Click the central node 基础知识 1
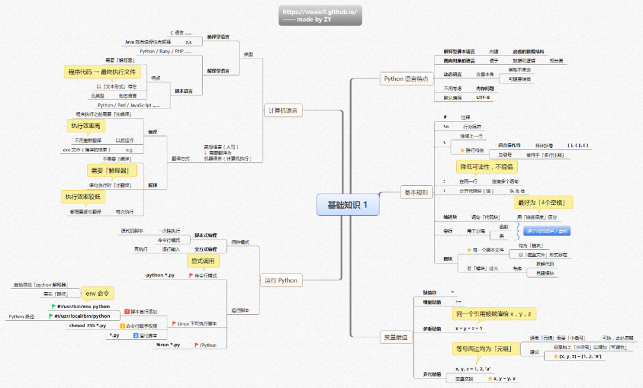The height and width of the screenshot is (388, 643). (348, 204)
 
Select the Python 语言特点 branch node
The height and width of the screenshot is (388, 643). (406, 79)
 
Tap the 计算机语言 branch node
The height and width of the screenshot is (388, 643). (283, 110)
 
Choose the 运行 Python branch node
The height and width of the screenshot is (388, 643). (280, 280)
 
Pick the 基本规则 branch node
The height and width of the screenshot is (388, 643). (416, 192)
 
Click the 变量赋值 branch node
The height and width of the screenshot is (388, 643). (395, 337)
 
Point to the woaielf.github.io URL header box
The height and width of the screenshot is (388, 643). (320, 15)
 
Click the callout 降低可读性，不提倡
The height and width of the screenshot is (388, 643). (486, 166)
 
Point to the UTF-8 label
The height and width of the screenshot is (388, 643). (483, 97)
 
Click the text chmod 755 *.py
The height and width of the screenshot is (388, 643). (88, 325)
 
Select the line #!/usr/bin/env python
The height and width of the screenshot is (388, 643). (83, 306)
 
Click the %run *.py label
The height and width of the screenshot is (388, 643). (168, 344)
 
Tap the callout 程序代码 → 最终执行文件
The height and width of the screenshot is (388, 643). (101, 72)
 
